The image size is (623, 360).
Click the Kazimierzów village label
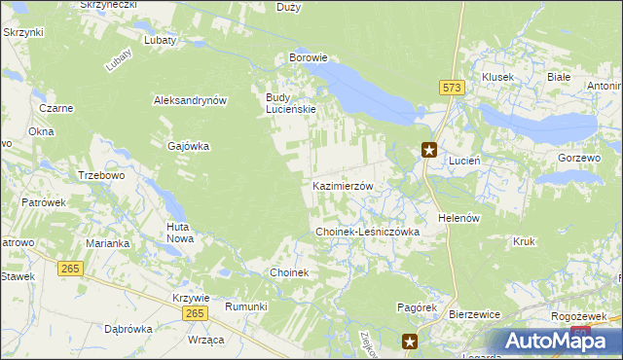[343, 186]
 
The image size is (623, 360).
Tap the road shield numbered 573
[452, 88]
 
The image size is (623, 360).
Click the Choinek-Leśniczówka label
[366, 233]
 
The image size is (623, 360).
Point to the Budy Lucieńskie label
[291, 103]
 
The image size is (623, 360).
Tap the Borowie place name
[308, 58]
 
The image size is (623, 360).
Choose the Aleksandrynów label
[190, 100]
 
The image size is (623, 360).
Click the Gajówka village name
[188, 146]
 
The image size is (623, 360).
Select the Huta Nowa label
[179, 232]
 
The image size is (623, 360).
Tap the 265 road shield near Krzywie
[195, 312]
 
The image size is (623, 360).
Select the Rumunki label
[245, 306]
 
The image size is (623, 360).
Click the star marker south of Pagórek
[410, 341]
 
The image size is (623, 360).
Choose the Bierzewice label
[474, 315]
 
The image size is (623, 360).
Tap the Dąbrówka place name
[128, 329]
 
